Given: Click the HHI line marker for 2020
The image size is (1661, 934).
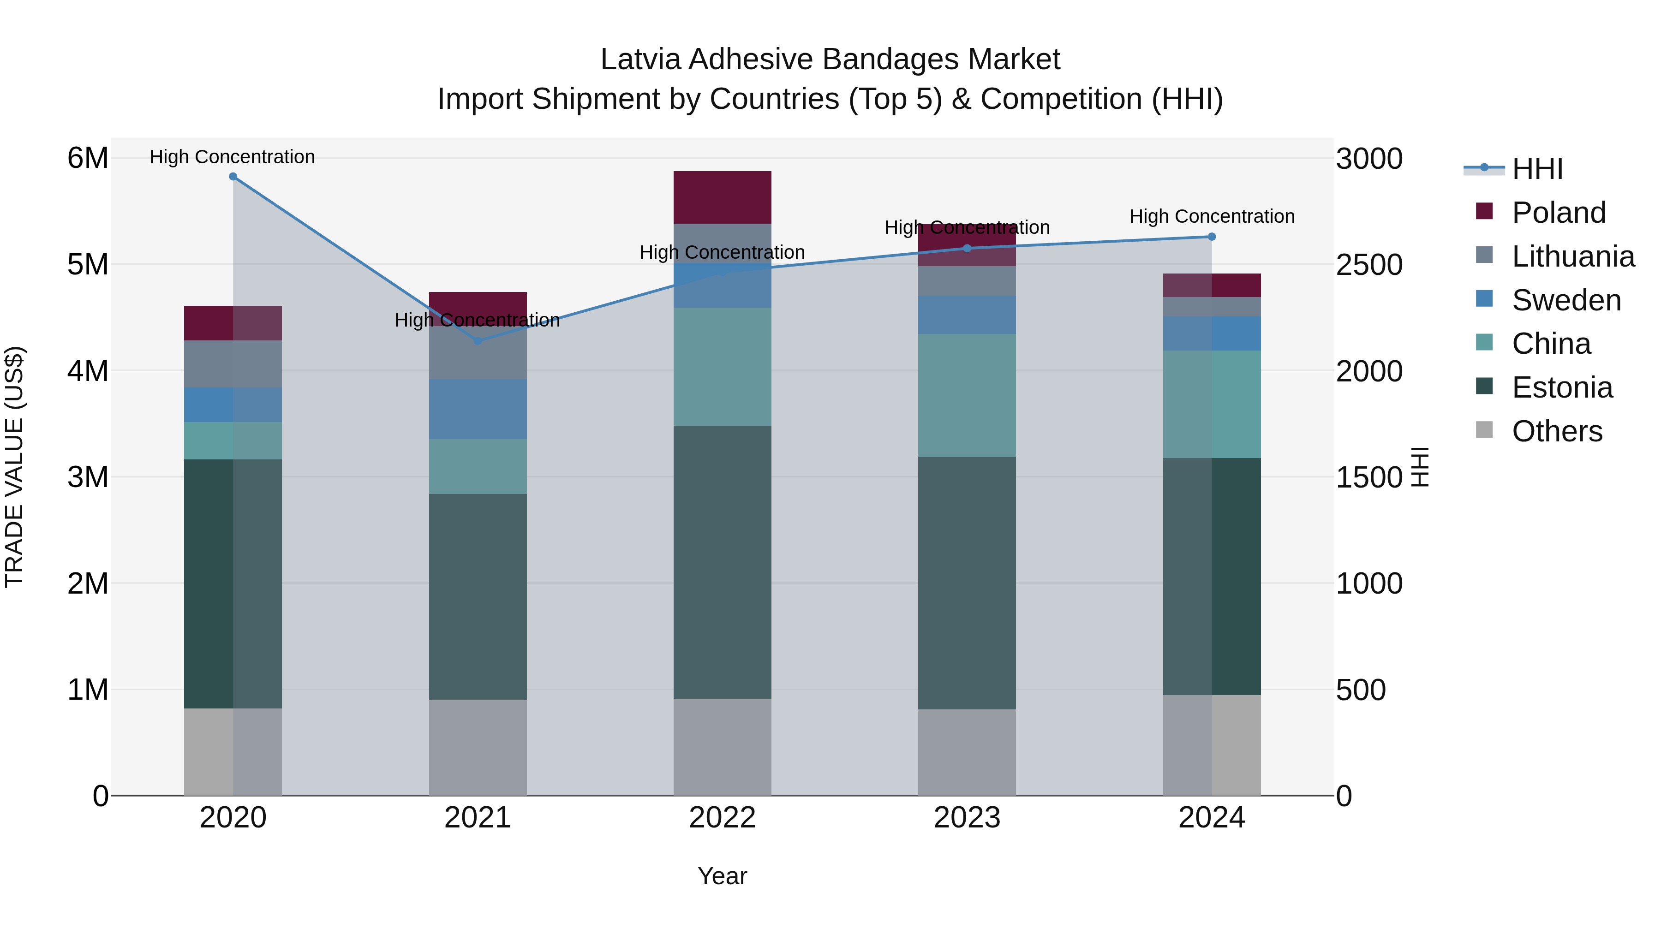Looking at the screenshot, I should coord(233,177).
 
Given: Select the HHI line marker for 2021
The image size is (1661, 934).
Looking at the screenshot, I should coord(478,341).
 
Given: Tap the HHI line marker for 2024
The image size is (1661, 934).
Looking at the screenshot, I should coord(1212,237).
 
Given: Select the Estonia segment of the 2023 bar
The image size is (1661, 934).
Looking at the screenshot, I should coord(967,583).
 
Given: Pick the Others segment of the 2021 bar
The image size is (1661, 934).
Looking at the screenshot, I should coord(478,747).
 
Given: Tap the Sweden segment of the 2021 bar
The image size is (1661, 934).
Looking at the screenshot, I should coord(478,409).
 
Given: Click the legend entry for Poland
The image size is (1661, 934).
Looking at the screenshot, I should coord(1559,213).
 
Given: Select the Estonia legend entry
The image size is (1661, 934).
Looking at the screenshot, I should coord(1562,387).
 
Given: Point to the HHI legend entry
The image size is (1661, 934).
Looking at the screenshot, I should coord(1537,169).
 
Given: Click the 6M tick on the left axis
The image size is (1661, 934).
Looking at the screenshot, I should coord(88,158).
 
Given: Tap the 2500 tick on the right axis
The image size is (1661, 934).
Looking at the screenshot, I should coord(1369,265).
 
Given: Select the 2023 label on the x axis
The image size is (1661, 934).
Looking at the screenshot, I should coord(967,818).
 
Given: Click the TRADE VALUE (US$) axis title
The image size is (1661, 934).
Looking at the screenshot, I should coord(14,467).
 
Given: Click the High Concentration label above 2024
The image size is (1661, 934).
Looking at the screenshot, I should coord(1212,217).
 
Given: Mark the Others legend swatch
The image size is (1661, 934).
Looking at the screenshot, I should coord(1484,430).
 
